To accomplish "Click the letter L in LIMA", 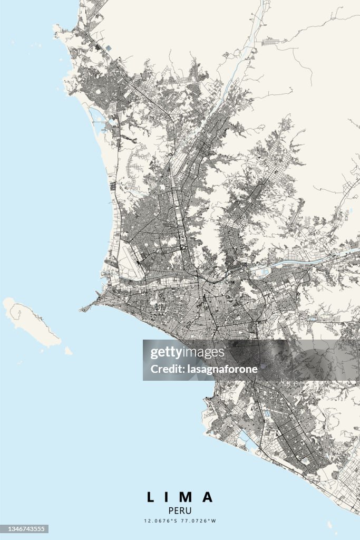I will [x=151, y=497].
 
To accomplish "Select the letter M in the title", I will [x=187, y=497].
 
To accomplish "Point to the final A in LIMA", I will [x=208, y=497].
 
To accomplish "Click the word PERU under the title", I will [x=180, y=510].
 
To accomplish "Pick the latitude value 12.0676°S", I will [x=162, y=521].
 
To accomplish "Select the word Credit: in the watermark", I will [x=166, y=369].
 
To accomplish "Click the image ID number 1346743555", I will [x=24, y=529].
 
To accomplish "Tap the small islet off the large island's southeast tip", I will [x=68, y=351].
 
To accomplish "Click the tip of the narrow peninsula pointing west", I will [x=81, y=310].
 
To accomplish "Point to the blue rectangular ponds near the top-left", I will [x=109, y=48].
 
